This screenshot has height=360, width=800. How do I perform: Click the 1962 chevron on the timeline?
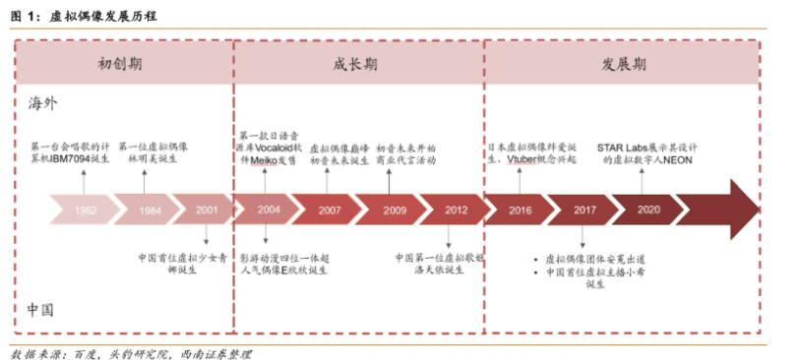(85, 210)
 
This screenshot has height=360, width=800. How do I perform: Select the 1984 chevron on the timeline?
(150, 210)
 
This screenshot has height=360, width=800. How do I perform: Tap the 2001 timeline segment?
(207, 210)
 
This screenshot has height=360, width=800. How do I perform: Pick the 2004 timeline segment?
(269, 210)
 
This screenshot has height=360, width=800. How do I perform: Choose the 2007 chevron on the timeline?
(330, 210)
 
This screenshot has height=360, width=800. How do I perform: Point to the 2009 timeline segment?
(394, 210)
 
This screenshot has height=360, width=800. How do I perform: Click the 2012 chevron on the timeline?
(456, 210)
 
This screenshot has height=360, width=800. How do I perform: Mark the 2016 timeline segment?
(520, 210)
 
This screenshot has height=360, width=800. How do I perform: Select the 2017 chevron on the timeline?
(584, 210)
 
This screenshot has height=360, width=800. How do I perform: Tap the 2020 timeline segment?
(647, 210)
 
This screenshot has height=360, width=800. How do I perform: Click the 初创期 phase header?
(124, 65)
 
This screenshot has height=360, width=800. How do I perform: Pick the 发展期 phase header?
(623, 65)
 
